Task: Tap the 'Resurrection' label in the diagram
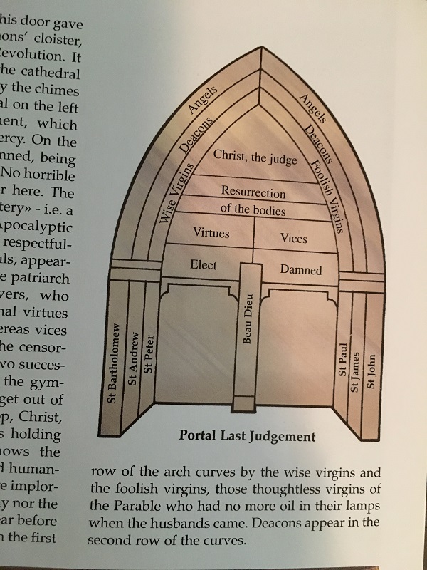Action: pos(253,192)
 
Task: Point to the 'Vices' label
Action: pos(293,237)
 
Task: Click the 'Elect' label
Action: pos(204,265)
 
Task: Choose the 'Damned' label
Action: pos(300,269)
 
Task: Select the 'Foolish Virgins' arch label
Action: pos(328,196)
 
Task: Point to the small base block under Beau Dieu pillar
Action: pos(244,405)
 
